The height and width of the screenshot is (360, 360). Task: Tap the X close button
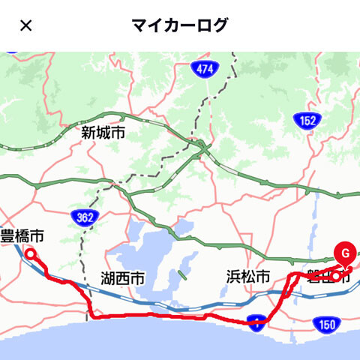(x=25, y=25)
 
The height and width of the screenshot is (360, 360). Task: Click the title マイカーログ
(x=179, y=25)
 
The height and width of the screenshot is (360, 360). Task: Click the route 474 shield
(x=202, y=69)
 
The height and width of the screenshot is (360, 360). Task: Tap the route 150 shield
(x=327, y=324)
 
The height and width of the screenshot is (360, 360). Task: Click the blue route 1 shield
(x=256, y=323)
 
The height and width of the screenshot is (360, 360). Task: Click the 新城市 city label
(x=103, y=133)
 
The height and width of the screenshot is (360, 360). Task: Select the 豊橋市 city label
(x=22, y=236)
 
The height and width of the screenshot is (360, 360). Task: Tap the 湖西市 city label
(x=122, y=278)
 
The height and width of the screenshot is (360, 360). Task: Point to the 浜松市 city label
(x=247, y=277)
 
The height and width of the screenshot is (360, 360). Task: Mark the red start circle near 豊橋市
(x=31, y=255)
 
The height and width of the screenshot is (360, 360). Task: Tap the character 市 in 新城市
(x=118, y=133)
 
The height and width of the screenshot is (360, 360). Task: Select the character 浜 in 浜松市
(x=233, y=277)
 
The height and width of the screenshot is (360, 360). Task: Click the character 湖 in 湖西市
(x=108, y=278)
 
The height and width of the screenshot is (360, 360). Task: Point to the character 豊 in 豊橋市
(x=7, y=236)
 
